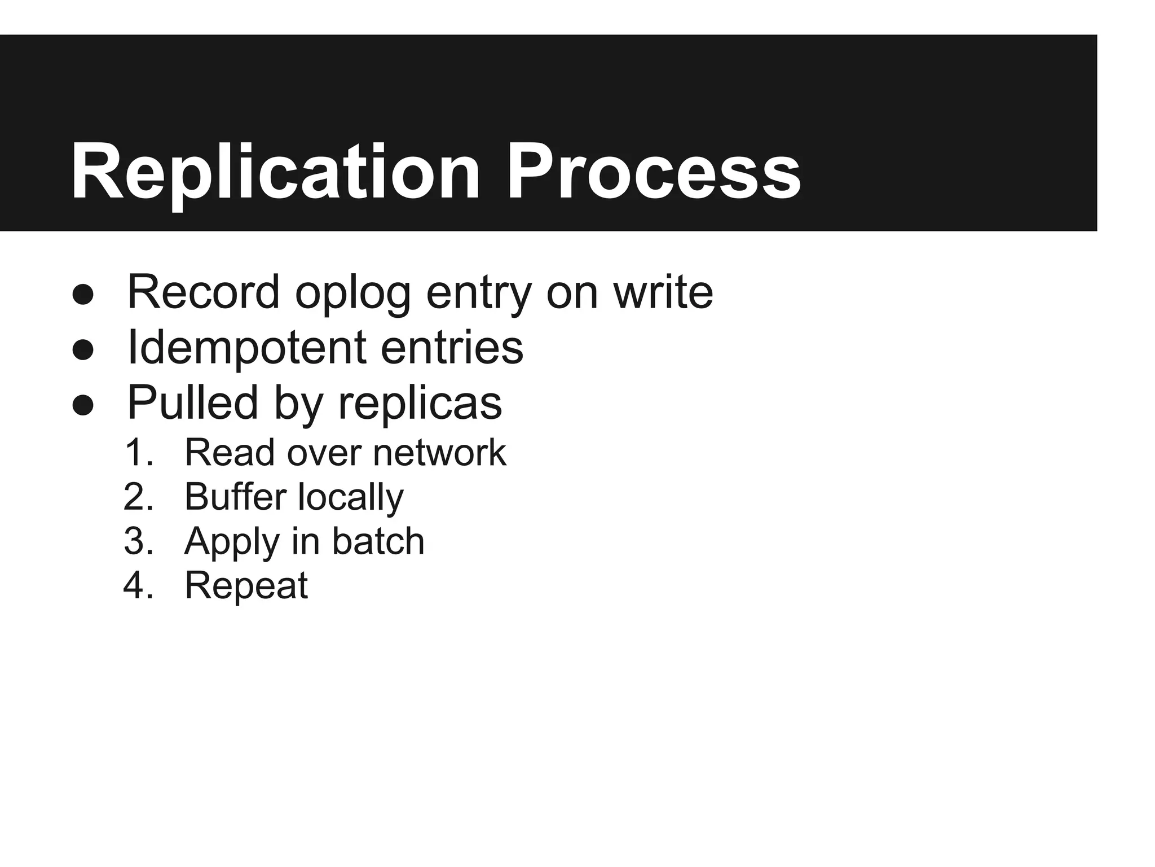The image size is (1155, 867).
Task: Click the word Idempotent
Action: pyautogui.click(x=246, y=348)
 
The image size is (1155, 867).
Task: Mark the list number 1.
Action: pyautogui.click(x=138, y=453)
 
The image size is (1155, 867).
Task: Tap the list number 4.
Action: pyautogui.click(x=138, y=585)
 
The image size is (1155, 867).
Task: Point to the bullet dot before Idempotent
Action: pyautogui.click(x=83, y=350)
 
